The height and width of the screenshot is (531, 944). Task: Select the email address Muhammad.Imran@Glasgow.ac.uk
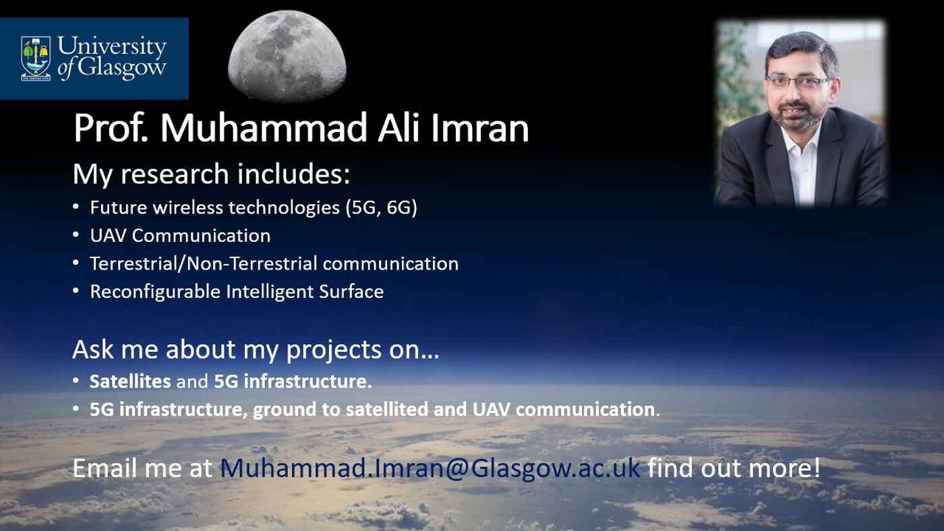[x=430, y=468]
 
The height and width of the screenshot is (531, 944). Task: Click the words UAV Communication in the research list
[x=180, y=235]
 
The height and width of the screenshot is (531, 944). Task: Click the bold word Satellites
[x=130, y=381]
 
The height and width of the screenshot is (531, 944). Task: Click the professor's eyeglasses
[x=798, y=82]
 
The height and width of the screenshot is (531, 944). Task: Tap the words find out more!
[x=734, y=468]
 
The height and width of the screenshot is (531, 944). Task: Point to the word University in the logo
[x=111, y=47]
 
